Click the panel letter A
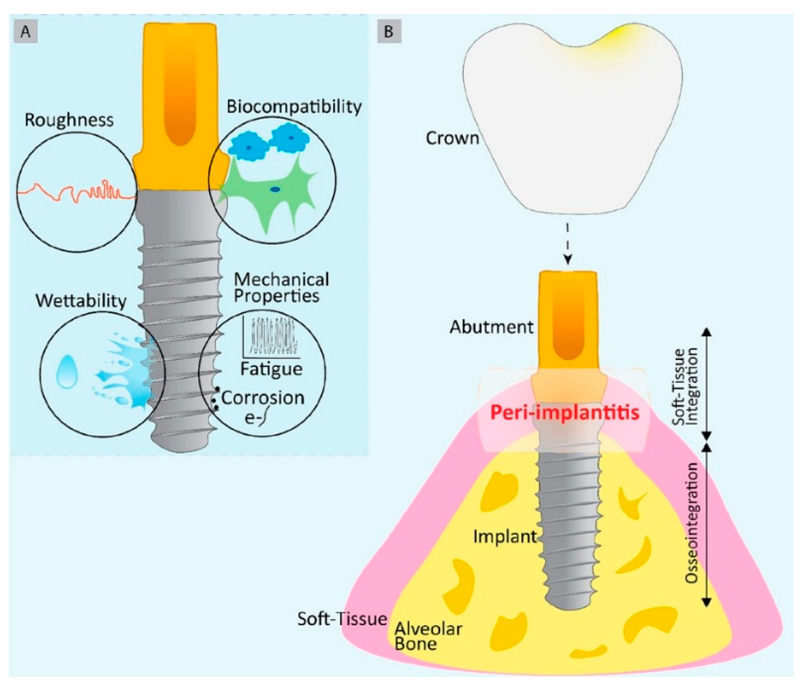click(26, 31)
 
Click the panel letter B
click(389, 31)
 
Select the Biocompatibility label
click(294, 107)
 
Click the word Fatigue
click(271, 369)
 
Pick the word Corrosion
click(263, 398)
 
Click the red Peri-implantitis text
click(564, 412)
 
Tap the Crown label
click(452, 138)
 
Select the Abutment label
click(491, 327)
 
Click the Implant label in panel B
click(504, 536)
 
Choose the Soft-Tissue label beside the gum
click(342, 619)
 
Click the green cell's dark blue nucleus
click(275, 189)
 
